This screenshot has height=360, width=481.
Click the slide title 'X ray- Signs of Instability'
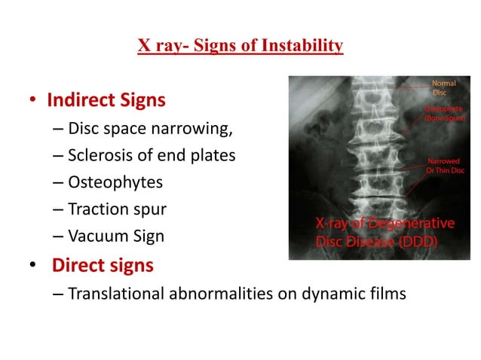[240, 46]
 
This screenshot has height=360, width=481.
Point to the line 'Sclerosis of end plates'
[152, 155]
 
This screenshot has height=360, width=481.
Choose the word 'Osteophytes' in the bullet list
[115, 182]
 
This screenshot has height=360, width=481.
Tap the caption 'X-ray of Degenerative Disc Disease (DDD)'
[384, 233]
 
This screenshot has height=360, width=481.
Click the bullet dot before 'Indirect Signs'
[33, 100]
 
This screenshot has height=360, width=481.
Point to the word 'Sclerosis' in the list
[98, 155]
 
